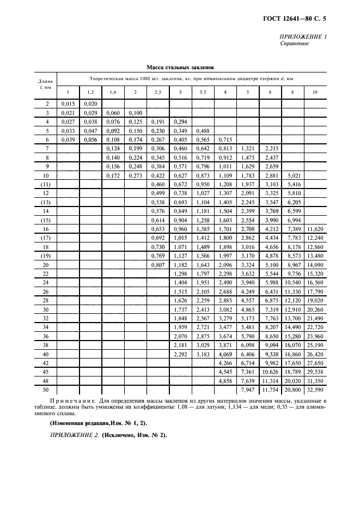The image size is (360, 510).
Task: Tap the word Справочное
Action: coord(294,44)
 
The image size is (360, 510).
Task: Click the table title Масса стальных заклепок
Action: coord(180,68)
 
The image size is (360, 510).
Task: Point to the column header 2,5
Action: coord(158,93)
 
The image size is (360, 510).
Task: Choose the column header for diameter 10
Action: coord(315,93)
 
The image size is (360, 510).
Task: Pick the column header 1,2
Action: coord(90,93)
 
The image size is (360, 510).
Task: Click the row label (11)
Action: coord(47,185)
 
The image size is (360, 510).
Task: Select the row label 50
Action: coord(47,390)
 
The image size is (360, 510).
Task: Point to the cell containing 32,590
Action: coord(315,390)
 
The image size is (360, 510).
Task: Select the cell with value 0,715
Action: coord(225,139)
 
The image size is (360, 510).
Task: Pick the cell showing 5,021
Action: coord(292,175)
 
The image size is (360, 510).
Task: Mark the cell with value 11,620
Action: coord(315,230)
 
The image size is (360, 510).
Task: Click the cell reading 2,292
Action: coord(180,354)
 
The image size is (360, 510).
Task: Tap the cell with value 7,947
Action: coord(247,390)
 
